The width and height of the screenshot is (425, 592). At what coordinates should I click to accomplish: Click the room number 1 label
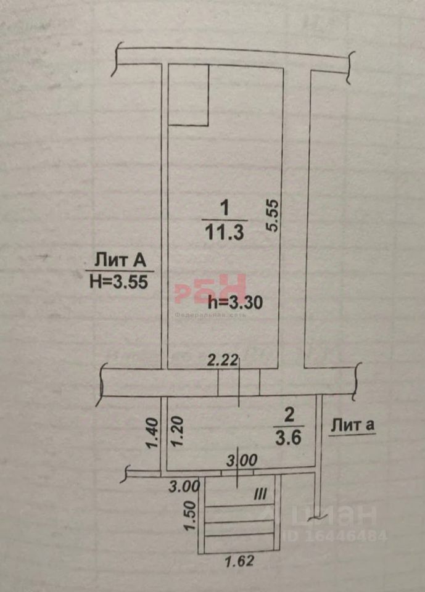(x=225, y=208)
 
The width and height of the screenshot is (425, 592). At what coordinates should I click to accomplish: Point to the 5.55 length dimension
(x=273, y=215)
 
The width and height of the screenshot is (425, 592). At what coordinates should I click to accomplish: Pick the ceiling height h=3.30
(x=236, y=302)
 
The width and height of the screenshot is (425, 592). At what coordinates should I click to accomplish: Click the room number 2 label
(x=287, y=412)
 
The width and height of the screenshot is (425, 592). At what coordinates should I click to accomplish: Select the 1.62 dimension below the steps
(x=239, y=562)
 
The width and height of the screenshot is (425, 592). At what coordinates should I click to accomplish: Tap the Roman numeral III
(x=260, y=494)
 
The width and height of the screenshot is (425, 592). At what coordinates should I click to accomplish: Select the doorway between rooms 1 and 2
(x=238, y=382)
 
